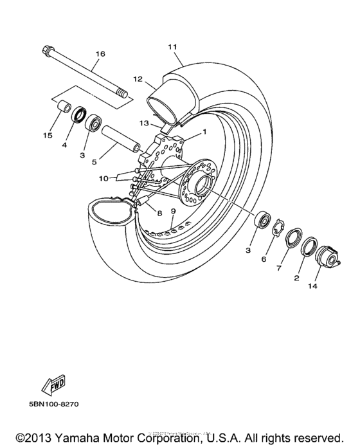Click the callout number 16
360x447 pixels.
100,54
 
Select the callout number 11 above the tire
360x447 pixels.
172,47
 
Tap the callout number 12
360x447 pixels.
137,78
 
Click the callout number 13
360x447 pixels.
145,122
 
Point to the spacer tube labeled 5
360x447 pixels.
119,138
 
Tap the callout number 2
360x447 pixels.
297,278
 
